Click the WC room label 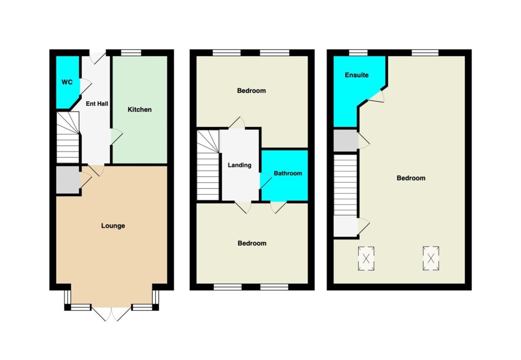tap(67, 82)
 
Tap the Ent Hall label tap(97, 104)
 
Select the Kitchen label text tap(139, 109)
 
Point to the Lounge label tap(113, 226)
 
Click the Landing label tap(240, 165)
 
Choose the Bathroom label tap(288, 173)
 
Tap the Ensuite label tap(357, 75)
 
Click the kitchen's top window tap(131, 53)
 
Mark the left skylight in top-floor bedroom tap(366, 258)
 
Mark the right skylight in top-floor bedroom tap(431, 258)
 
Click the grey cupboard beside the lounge tap(68, 179)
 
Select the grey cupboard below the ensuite tap(345, 140)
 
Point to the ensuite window tap(358, 53)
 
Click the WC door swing tap(85, 86)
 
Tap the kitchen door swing tap(117, 136)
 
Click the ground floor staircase tap(68, 137)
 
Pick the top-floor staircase tap(345, 185)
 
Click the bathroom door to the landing tap(266, 181)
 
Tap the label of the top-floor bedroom tap(411, 178)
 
